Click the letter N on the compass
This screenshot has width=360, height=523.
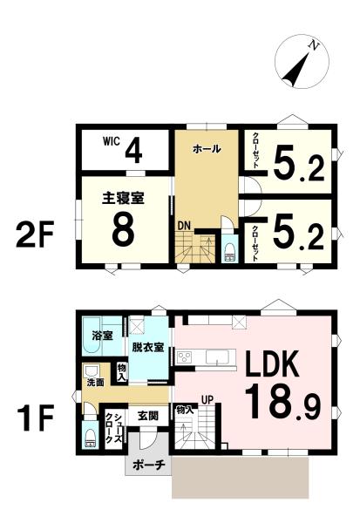[314, 45]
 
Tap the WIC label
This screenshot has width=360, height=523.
[111, 141]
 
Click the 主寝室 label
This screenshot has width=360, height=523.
[123, 199]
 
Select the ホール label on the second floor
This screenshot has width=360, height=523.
[207, 149]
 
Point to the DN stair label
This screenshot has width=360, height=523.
[184, 226]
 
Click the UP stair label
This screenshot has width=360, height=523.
[207, 399]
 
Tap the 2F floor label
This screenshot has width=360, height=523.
[35, 235]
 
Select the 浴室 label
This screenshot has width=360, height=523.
[103, 336]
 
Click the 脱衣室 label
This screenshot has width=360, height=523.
[148, 348]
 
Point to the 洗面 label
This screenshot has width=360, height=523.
[95, 383]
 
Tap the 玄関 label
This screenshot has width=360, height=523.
[148, 416]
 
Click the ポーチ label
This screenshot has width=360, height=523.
[149, 465]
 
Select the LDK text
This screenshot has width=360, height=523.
[271, 364]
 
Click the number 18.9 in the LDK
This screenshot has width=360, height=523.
[282, 402]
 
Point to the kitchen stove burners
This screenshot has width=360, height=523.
[184, 358]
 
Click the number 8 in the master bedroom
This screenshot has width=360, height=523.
[123, 229]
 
